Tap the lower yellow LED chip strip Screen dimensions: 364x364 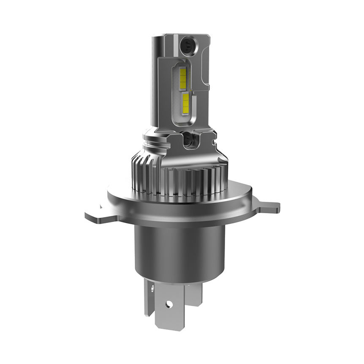185,103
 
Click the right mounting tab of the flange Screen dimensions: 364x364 268,207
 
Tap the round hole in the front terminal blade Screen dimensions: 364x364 169,304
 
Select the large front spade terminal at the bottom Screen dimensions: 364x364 169,310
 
